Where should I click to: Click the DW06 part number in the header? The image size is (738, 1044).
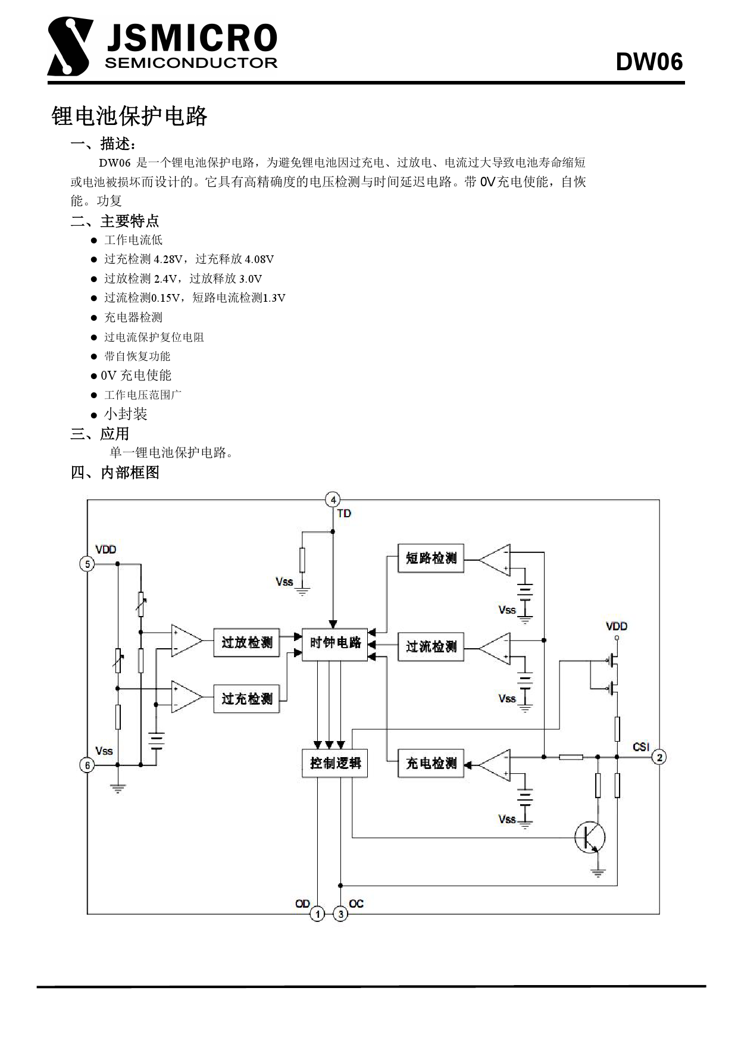pyautogui.click(x=649, y=62)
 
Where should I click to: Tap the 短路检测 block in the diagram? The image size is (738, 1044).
pyautogui.click(x=430, y=558)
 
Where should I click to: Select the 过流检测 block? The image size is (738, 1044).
pyautogui.click(x=430, y=646)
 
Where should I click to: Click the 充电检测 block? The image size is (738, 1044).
pyautogui.click(x=430, y=763)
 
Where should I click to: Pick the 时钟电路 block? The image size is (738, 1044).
pyautogui.click(x=335, y=643)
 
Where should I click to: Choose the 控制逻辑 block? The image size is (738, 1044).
pyautogui.click(x=335, y=763)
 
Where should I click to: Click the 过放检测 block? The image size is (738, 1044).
pyautogui.click(x=246, y=643)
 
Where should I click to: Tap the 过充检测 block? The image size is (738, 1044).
pyautogui.click(x=246, y=698)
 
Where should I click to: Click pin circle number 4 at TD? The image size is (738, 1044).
pyautogui.click(x=333, y=500)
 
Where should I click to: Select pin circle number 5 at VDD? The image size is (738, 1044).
pyautogui.click(x=87, y=564)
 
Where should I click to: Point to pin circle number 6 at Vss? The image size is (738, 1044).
pyautogui.click(x=87, y=765)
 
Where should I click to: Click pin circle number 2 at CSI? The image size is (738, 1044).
pyautogui.click(x=659, y=757)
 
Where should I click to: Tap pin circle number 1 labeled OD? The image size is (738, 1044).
pyautogui.click(x=317, y=914)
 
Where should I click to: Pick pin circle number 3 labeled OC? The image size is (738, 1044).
pyautogui.click(x=340, y=914)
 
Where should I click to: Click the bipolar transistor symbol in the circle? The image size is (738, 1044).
pyautogui.click(x=590, y=838)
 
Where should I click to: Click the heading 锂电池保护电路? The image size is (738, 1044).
pyautogui.click(x=129, y=116)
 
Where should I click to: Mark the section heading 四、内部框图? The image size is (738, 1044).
pyautogui.click(x=115, y=473)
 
